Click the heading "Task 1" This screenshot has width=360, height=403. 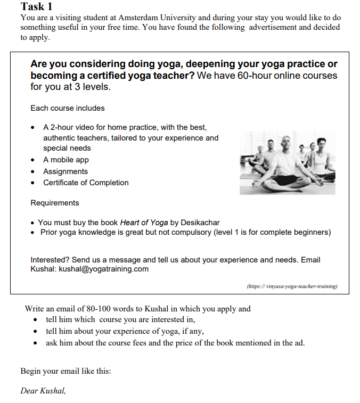37,7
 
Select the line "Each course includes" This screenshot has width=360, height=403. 68,108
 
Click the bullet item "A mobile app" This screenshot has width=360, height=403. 66,160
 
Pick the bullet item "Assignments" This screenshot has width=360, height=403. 66,171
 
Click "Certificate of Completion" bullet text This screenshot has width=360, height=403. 86,183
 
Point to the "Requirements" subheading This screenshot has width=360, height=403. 55,203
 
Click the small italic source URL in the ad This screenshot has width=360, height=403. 292,286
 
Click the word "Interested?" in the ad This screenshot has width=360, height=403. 50,260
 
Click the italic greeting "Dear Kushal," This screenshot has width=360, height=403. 43,391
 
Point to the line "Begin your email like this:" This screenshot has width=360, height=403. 66,371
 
